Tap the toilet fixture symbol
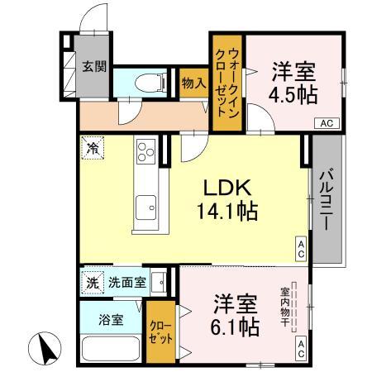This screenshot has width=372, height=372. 152,81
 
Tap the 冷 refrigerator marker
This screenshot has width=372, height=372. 93,150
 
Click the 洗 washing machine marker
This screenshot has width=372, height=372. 93,282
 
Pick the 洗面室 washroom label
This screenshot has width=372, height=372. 128,282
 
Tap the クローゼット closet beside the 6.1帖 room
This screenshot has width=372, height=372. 161,331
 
